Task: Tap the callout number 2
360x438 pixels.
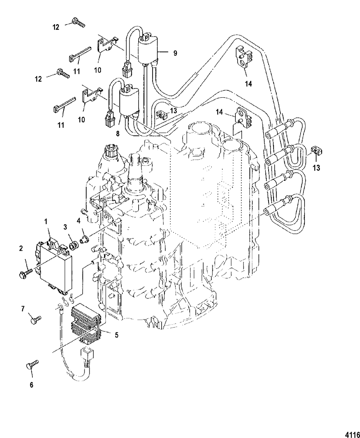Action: (21, 249)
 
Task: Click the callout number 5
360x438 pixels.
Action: (117, 335)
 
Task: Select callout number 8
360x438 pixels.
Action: (118, 134)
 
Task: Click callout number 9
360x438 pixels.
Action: (175, 53)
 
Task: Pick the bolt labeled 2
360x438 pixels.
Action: (26, 273)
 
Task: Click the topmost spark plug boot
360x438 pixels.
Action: (279, 131)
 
